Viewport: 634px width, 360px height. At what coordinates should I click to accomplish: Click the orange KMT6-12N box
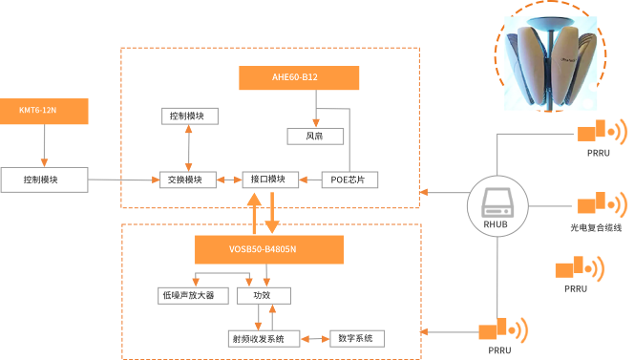tap(44, 111)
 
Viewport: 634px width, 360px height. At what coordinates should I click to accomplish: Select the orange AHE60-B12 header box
tap(299, 78)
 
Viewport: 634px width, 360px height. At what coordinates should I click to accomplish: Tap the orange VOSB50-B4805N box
tap(268, 250)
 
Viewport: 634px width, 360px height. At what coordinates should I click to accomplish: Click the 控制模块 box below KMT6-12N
tap(44, 179)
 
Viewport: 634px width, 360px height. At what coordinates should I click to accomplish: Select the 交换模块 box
tap(186, 180)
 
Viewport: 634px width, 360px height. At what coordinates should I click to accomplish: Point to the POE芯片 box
tap(349, 180)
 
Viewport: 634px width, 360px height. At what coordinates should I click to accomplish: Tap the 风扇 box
tap(315, 137)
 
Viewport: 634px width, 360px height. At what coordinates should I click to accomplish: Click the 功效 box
tap(262, 296)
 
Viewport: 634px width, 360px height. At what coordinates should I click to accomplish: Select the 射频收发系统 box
tap(263, 338)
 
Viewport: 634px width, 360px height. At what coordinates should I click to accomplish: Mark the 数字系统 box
tap(356, 338)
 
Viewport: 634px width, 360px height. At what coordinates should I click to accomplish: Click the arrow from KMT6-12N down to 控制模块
tap(44, 146)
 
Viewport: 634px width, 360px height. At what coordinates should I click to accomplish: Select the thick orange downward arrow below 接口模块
tap(272, 212)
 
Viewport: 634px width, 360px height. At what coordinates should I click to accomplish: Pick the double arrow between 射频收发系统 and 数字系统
tap(314, 338)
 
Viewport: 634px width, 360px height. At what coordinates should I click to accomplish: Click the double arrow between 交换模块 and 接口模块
tap(230, 180)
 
